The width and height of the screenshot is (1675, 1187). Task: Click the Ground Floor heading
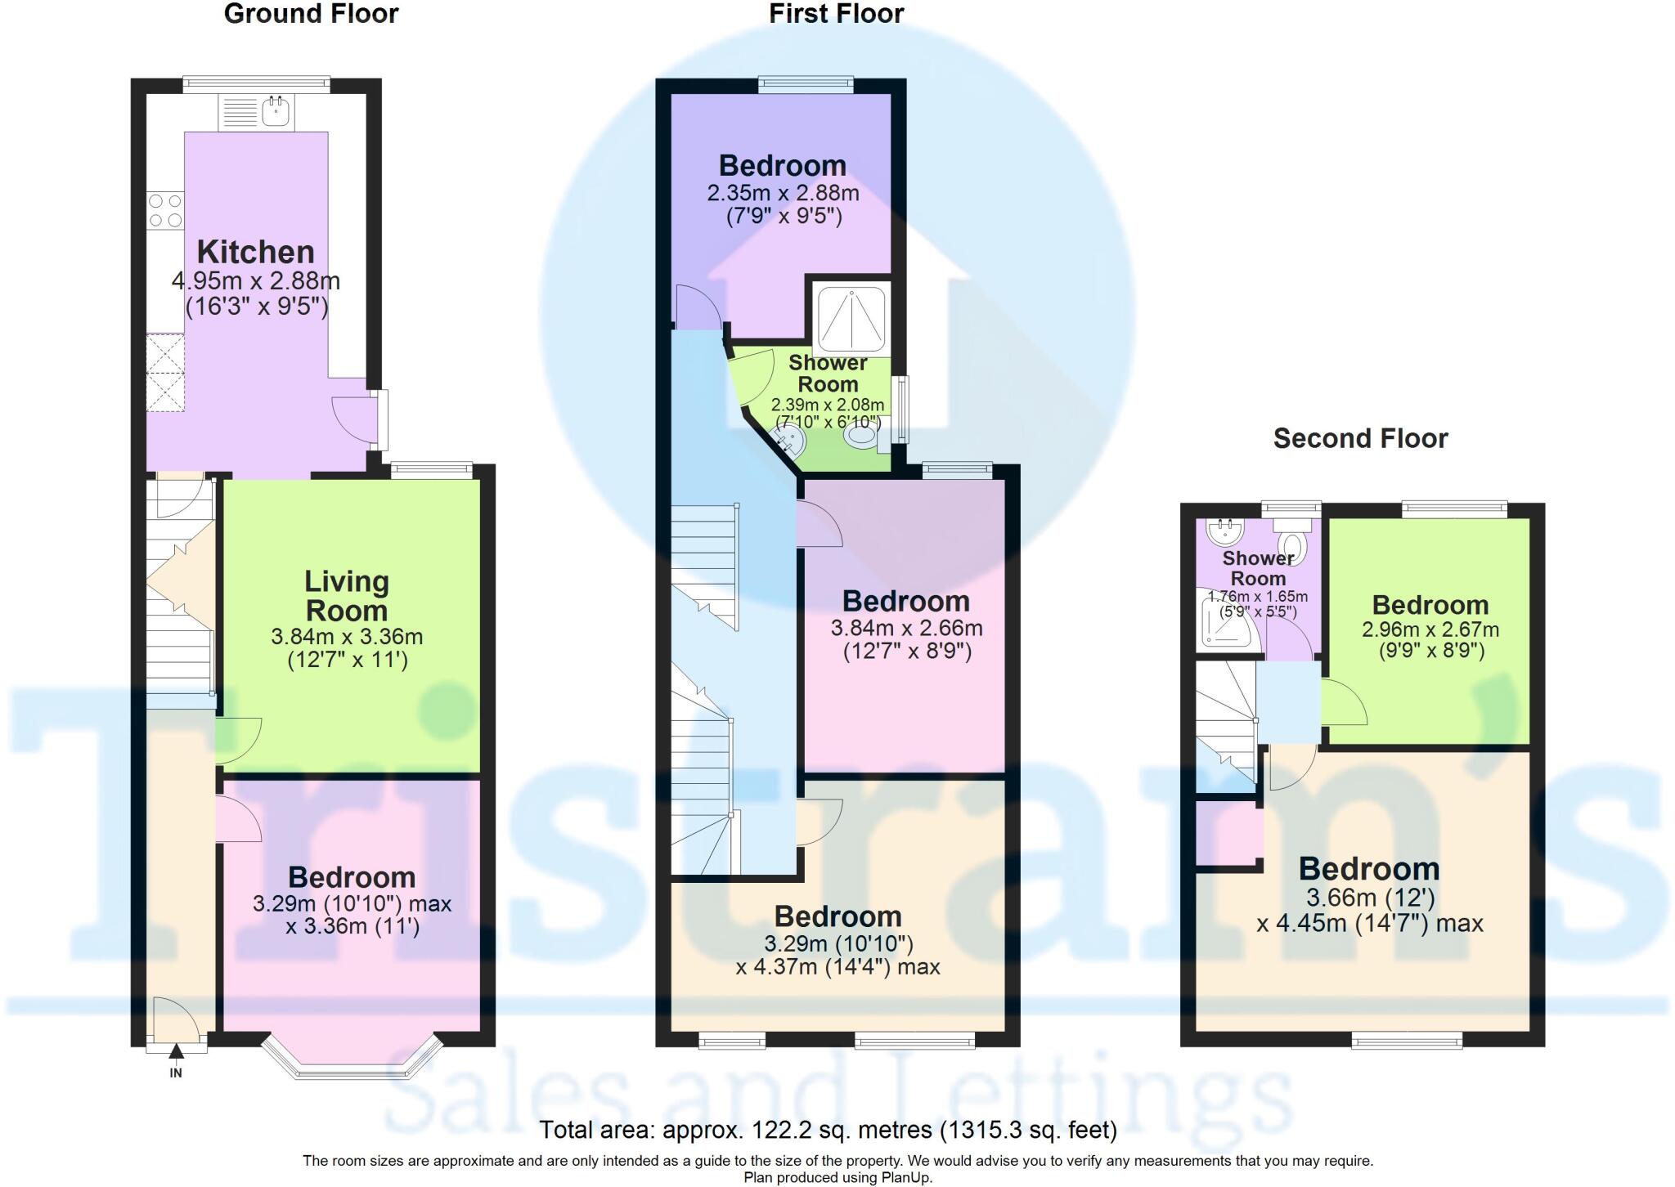tap(311, 14)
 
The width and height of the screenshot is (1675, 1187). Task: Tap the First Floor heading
tap(836, 14)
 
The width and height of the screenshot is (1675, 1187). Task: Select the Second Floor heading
tap(1360, 439)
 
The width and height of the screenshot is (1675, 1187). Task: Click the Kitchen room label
tap(255, 252)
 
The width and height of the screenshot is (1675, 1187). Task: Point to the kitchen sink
tap(276, 111)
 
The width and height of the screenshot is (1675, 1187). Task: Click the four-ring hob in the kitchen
tap(164, 210)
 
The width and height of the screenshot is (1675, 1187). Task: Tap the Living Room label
tap(347, 596)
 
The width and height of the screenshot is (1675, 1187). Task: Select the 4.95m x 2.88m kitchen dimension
tap(255, 281)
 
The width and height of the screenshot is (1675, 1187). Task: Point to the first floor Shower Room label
tap(828, 374)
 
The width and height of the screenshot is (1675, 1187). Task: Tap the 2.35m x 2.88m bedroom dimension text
tap(783, 194)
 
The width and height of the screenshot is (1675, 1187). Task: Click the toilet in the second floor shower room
tap(1293, 543)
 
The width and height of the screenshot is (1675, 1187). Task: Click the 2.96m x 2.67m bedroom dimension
tap(1430, 629)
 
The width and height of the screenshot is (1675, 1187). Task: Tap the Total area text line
tap(828, 1131)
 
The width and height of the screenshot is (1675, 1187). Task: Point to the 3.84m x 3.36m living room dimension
tap(347, 636)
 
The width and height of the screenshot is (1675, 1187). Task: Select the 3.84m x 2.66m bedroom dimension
tap(906, 628)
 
